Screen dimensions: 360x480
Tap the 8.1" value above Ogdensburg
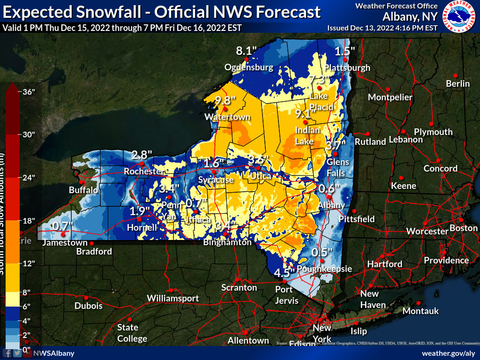pyautogui.click(x=247, y=51)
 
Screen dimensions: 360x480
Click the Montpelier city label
pyautogui.click(x=390, y=97)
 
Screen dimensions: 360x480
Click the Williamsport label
pyautogui.click(x=173, y=298)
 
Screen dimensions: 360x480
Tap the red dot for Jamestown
pyautogui.click(x=63, y=234)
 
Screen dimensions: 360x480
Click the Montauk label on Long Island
pyautogui.click(x=420, y=311)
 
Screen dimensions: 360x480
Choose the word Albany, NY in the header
pyautogui.click(x=410, y=17)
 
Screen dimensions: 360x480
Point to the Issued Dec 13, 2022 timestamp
pyautogui.click(x=382, y=28)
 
